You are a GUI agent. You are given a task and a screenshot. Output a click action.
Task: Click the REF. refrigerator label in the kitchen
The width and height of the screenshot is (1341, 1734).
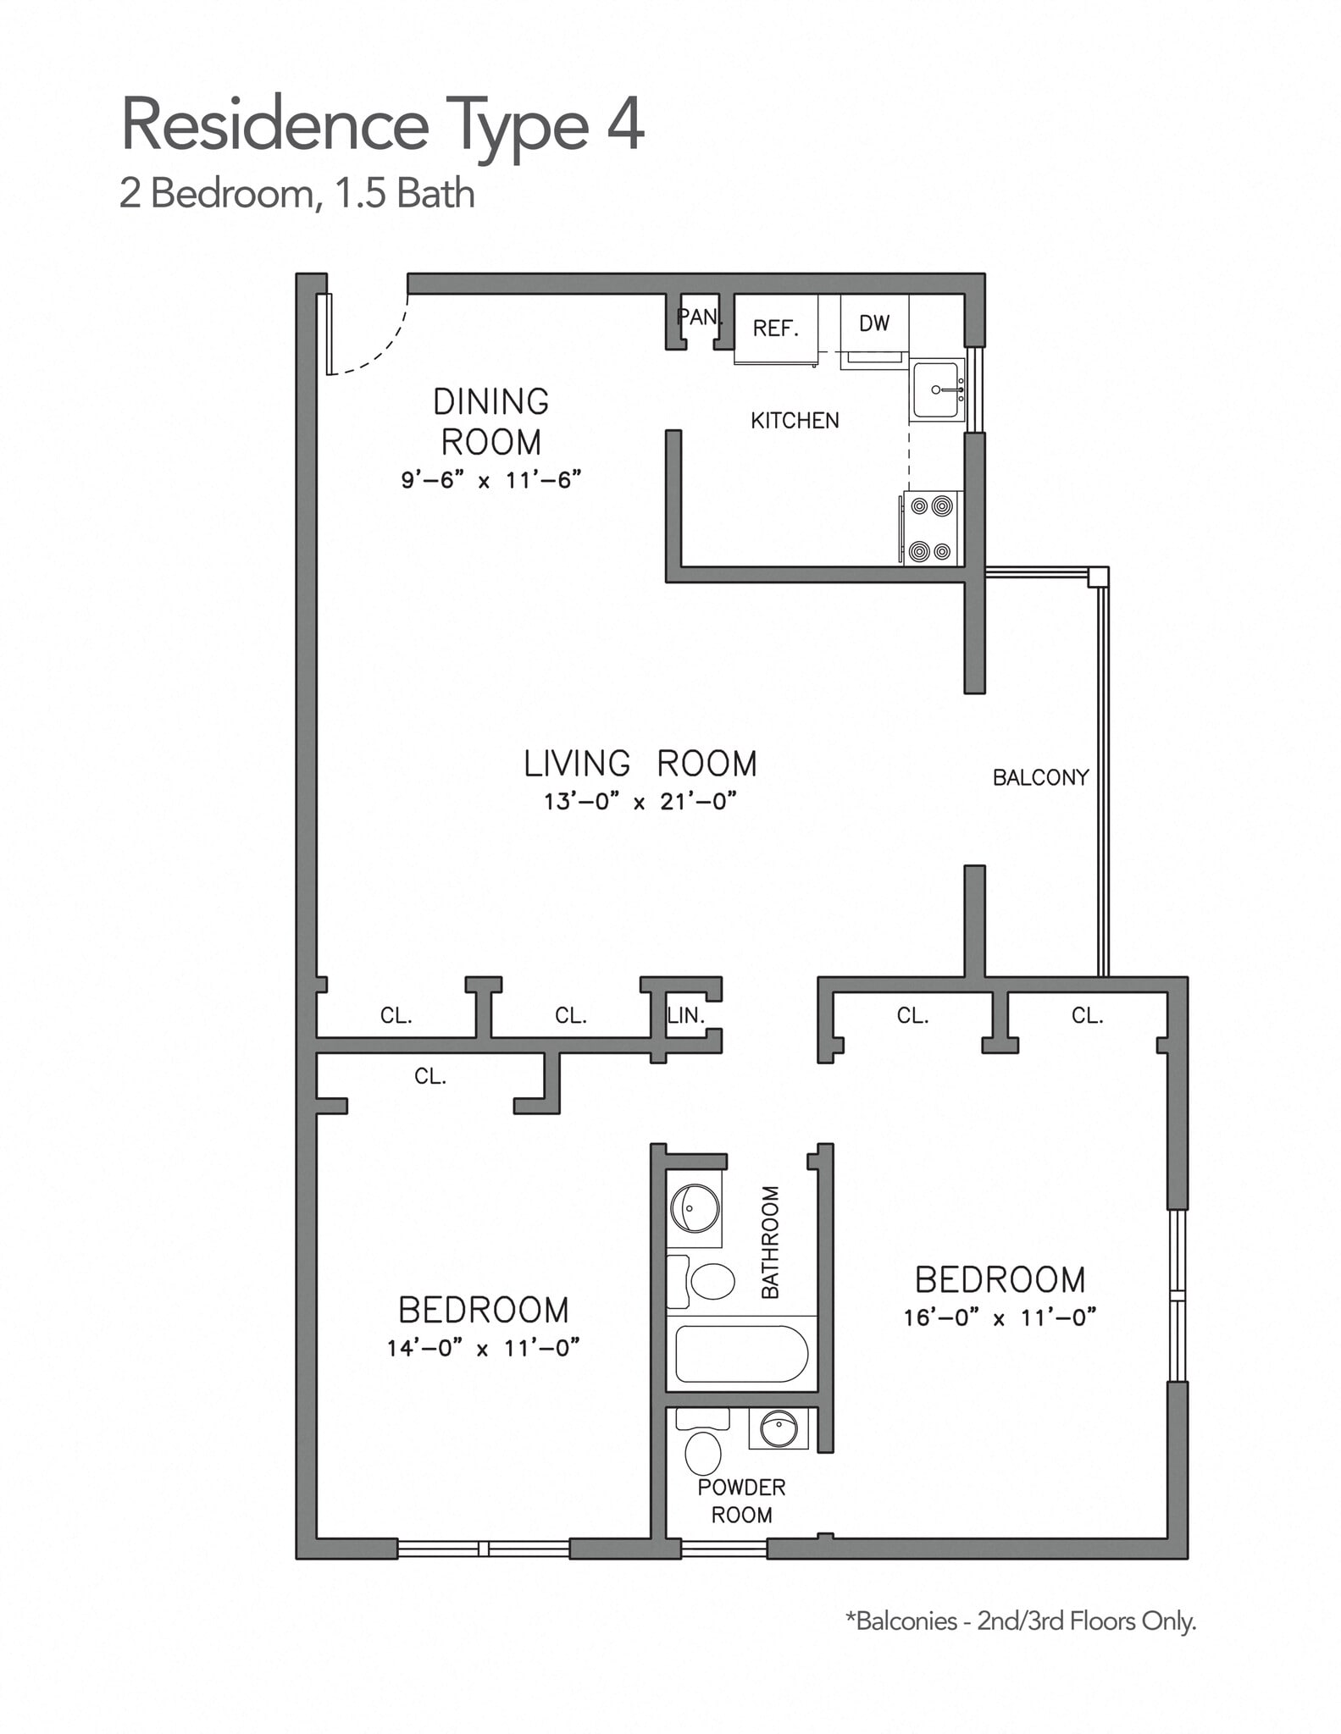pyautogui.click(x=775, y=329)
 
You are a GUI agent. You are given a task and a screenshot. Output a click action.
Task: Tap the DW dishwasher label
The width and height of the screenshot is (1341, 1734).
pyautogui.click(x=873, y=323)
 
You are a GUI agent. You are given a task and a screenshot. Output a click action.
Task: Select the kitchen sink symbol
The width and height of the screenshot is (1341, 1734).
pyautogui.click(x=937, y=390)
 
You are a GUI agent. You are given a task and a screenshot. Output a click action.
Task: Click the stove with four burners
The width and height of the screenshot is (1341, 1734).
pyautogui.click(x=931, y=528)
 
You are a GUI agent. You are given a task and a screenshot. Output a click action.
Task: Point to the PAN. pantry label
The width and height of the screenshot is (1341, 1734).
pyautogui.click(x=700, y=318)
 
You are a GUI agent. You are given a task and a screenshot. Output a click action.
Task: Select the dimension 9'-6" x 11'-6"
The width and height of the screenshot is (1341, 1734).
pyautogui.click(x=490, y=481)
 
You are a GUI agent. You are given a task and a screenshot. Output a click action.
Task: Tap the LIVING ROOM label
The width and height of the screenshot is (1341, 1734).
pyautogui.click(x=640, y=764)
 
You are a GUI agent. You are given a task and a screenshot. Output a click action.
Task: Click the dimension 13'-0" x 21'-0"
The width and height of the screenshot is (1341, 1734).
pyautogui.click(x=640, y=801)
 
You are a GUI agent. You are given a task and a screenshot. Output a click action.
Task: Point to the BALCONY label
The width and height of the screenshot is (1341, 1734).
pyautogui.click(x=1040, y=777)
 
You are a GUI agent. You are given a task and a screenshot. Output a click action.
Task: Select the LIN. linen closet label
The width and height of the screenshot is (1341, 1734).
pyautogui.click(x=685, y=1015)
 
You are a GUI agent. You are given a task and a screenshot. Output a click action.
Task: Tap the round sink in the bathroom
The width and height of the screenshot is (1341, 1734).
pyautogui.click(x=695, y=1207)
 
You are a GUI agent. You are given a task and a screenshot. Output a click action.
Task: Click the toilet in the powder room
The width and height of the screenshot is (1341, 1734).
pyautogui.click(x=702, y=1452)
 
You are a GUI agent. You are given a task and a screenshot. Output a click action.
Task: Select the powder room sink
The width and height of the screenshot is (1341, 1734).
pyautogui.click(x=779, y=1429)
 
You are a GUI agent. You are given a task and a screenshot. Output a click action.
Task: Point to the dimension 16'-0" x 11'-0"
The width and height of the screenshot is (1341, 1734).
pyautogui.click(x=1000, y=1317)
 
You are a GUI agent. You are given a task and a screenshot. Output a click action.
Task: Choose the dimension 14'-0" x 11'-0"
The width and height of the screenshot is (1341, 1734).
pyautogui.click(x=483, y=1348)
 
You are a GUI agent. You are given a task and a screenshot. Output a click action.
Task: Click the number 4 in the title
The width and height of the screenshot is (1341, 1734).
pyautogui.click(x=625, y=125)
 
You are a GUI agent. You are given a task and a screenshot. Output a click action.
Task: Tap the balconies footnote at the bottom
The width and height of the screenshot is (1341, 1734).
pyautogui.click(x=1021, y=1621)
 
